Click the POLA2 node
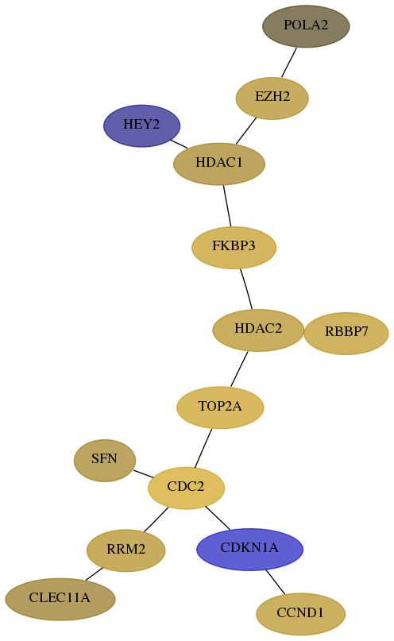pyautogui.click(x=306, y=26)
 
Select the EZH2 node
pyautogui.click(x=272, y=98)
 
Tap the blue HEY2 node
pyautogui.click(x=142, y=125)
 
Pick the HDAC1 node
pyautogui.click(x=219, y=164)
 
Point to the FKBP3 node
pyautogui.click(x=234, y=247)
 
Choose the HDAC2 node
pyautogui.click(x=258, y=330)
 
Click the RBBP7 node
pyautogui.click(x=346, y=333)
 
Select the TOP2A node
pyautogui.click(x=220, y=407)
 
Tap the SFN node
pyautogui.click(x=105, y=461)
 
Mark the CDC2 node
pyautogui.click(x=186, y=488)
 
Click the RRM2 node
pyautogui.click(x=126, y=550)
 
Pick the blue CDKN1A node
pyautogui.click(x=249, y=549)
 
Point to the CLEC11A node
pyautogui.click(x=60, y=599)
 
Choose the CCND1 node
pyautogui.click(x=300, y=614)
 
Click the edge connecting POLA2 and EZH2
pyautogui.click(x=289, y=62)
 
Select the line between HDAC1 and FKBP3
pyautogui.click(x=227, y=206)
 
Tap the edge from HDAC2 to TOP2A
pyautogui.click(x=239, y=369)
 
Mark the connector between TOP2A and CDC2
pyautogui.click(x=203, y=448)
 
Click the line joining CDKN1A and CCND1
pyautogui.click(x=276, y=581)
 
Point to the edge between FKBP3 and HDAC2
pyautogui.click(x=246, y=288)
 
